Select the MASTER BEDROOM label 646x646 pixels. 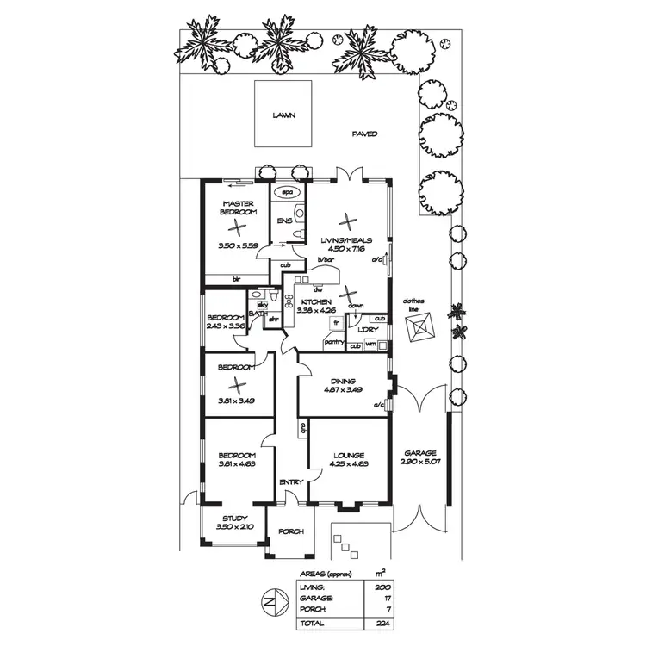(238, 208)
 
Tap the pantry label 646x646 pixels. (334, 342)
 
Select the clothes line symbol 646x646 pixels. (421, 327)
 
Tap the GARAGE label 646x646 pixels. (418, 454)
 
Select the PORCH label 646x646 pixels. (291, 531)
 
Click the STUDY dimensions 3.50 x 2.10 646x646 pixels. (234, 527)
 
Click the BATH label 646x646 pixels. (256, 314)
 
